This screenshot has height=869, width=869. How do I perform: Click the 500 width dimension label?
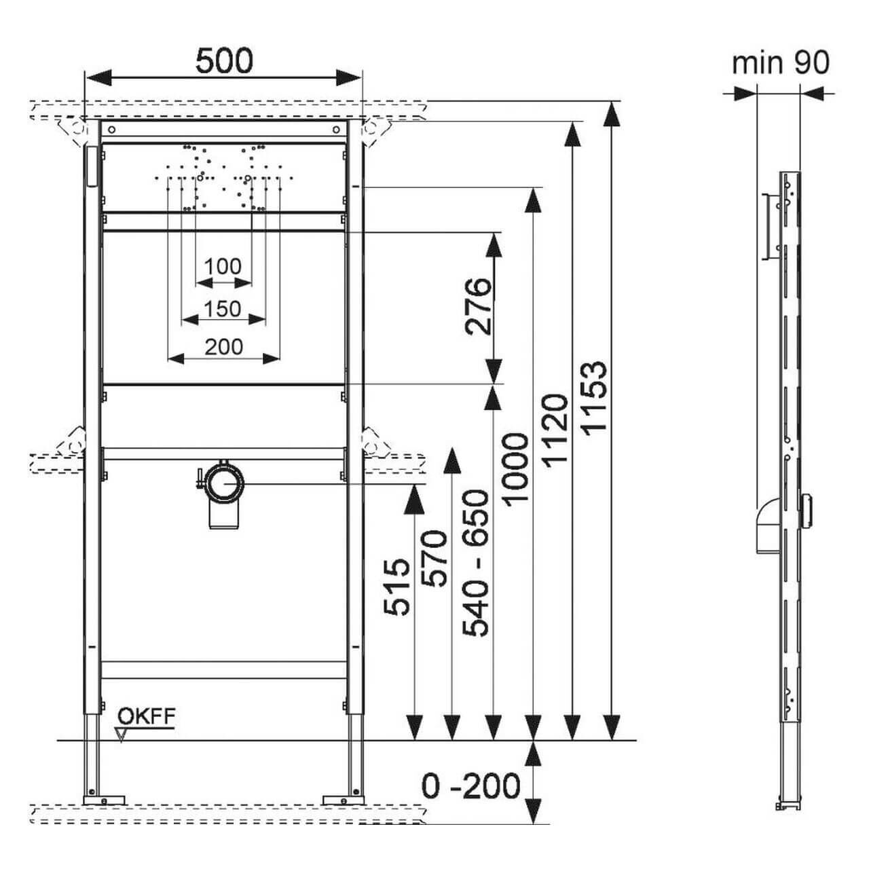click(224, 60)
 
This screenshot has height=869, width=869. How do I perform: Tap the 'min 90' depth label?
click(780, 63)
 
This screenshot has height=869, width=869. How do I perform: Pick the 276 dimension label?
click(478, 306)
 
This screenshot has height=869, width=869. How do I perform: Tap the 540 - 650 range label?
click(476, 563)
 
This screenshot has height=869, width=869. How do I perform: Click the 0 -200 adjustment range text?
click(470, 786)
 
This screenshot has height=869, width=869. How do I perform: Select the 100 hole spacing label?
click(223, 266)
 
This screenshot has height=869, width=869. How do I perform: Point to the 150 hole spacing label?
click(223, 308)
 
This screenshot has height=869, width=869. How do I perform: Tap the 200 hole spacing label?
click(224, 346)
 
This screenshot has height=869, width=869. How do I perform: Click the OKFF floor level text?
click(147, 716)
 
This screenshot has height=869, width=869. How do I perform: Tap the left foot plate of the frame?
click(104, 800)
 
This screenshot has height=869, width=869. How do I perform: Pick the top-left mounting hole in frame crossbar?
click(112, 129)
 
